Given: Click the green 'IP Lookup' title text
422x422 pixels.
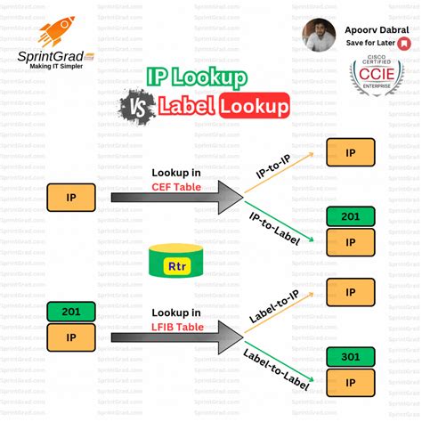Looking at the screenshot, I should click(x=196, y=78).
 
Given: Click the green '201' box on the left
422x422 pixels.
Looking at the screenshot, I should click(x=71, y=312).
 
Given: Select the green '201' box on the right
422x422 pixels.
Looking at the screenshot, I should click(x=350, y=216).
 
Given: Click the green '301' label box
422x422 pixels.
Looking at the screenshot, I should click(x=350, y=357).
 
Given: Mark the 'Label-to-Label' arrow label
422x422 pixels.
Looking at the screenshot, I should click(x=274, y=368).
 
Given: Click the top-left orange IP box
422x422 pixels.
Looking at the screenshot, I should click(x=71, y=196).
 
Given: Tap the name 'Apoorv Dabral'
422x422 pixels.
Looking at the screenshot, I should click(x=370, y=27).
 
